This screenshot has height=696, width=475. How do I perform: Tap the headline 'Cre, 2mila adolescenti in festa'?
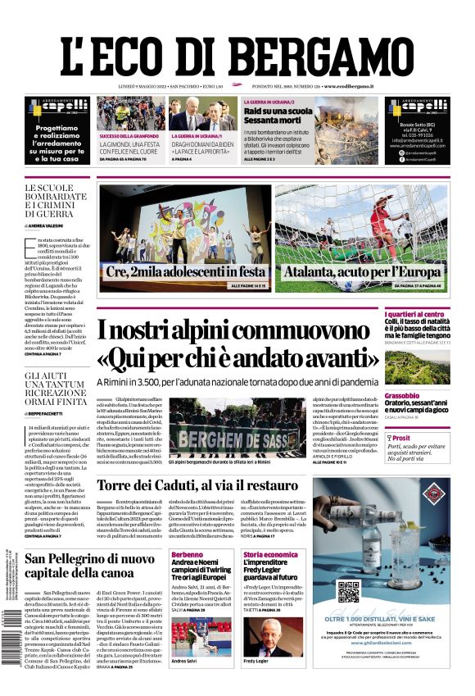[x=184, y=271]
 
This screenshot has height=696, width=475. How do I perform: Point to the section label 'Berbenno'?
[x=188, y=555]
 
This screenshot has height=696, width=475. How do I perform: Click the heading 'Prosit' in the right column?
[x=424, y=439]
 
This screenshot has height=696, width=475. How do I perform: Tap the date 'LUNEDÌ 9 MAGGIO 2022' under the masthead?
[x=132, y=85]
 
